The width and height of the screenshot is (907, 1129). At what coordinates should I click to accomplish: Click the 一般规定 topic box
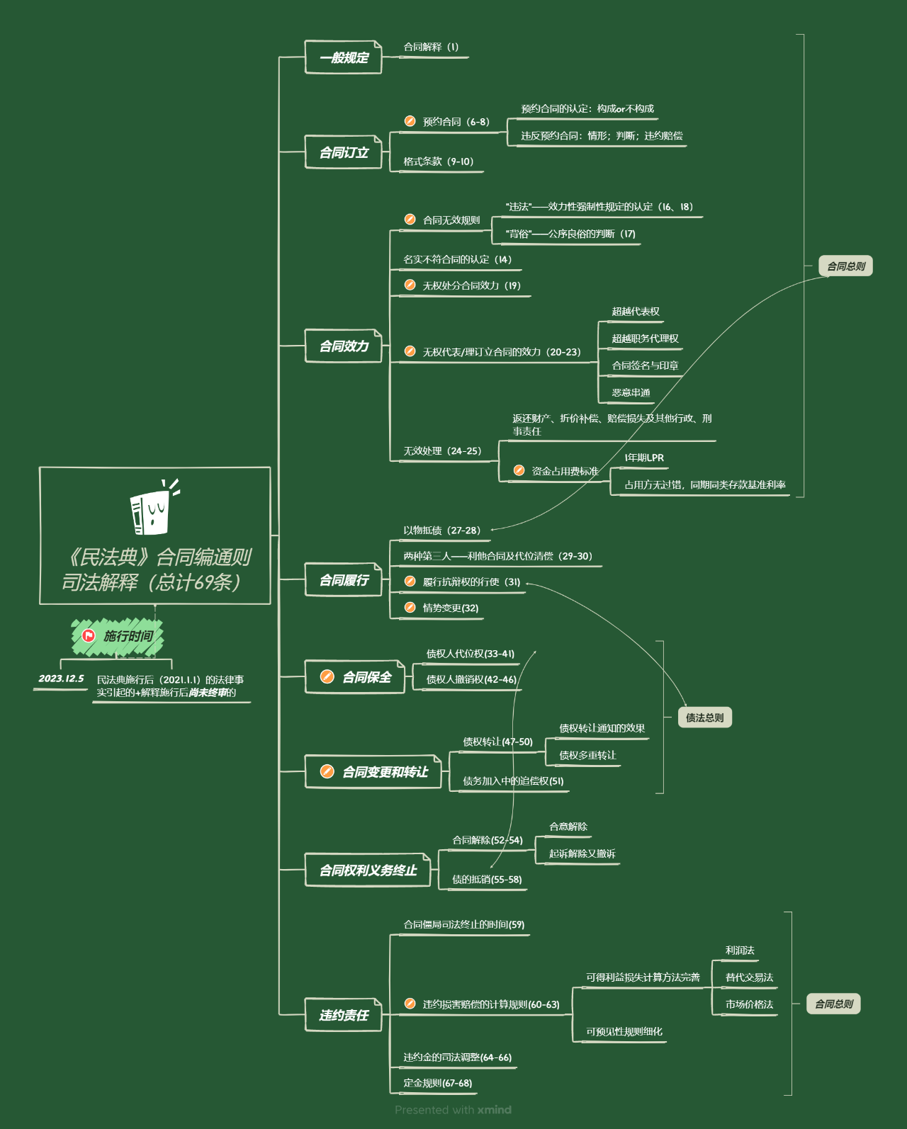[343, 57]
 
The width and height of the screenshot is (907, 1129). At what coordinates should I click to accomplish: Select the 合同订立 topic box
[343, 152]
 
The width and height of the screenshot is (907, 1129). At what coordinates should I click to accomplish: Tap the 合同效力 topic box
[343, 346]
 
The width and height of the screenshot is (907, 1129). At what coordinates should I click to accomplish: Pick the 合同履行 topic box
[343, 579]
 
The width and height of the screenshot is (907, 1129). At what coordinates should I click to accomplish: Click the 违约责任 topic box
[343, 1015]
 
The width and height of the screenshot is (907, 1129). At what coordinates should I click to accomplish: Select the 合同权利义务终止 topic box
[368, 870]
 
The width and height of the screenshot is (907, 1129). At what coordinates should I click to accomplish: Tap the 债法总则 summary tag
[704, 717]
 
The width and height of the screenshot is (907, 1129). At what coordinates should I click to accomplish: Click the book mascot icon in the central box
[153, 507]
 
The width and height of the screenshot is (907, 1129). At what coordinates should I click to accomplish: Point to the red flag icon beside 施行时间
[88, 636]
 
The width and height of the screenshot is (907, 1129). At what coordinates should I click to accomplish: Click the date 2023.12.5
[61, 679]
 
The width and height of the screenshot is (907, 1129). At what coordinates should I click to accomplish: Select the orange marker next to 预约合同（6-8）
[410, 121]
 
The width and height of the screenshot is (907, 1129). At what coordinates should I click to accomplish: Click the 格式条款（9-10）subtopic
[439, 161]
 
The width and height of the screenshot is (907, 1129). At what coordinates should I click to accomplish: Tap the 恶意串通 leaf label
[631, 392]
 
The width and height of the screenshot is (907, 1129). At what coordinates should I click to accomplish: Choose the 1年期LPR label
[644, 458]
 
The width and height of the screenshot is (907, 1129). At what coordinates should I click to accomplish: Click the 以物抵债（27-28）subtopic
[442, 531]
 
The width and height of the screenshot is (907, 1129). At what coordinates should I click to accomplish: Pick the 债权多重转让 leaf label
[587, 755]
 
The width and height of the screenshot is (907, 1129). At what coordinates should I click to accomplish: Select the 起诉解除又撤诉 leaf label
[582, 853]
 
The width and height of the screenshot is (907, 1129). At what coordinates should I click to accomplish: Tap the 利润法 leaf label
[740, 950]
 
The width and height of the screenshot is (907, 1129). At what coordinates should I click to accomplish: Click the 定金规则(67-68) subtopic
[438, 1083]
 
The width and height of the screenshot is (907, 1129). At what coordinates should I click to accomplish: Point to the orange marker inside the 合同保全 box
[327, 677]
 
